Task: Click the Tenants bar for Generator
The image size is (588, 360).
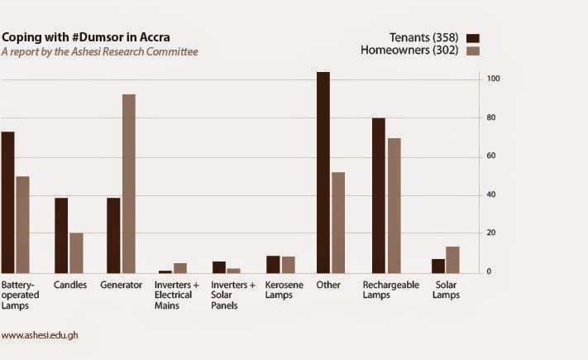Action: [113, 235]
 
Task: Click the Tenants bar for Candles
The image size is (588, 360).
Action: [61, 235]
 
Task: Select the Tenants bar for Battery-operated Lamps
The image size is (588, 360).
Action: [7, 202]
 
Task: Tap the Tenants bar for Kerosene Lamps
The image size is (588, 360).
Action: [272, 264]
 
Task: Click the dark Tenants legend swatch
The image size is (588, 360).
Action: [473, 37]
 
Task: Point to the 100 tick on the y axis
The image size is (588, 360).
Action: [493, 79]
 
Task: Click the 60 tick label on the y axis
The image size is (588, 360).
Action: [493, 156]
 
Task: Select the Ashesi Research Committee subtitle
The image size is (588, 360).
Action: [99, 51]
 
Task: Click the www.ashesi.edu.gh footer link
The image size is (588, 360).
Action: [41, 335]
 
